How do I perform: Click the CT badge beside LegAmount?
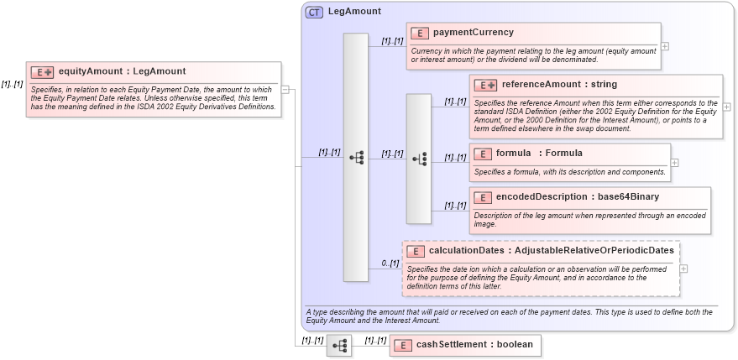(x=314, y=13)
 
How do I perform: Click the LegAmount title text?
(x=353, y=12)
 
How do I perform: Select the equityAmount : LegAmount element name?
(x=122, y=71)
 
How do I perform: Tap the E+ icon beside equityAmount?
(x=42, y=72)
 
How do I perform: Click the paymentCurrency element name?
(x=473, y=33)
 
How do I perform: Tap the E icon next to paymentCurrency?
(x=420, y=33)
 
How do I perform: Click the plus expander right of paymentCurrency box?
(x=665, y=46)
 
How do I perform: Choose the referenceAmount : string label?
(x=559, y=85)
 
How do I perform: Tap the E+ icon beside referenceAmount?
(x=485, y=85)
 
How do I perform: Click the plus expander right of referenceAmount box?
(x=726, y=107)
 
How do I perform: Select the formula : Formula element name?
(x=539, y=154)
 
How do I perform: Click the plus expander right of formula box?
(x=674, y=163)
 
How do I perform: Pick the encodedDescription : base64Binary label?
(x=577, y=197)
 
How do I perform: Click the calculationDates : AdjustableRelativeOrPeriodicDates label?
(x=551, y=250)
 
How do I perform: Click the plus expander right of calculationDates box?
(x=684, y=269)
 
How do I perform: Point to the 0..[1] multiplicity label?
(x=390, y=263)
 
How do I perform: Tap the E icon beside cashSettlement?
(x=403, y=345)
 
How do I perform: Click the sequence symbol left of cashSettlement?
(x=339, y=345)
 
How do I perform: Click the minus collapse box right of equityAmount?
(x=285, y=89)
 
